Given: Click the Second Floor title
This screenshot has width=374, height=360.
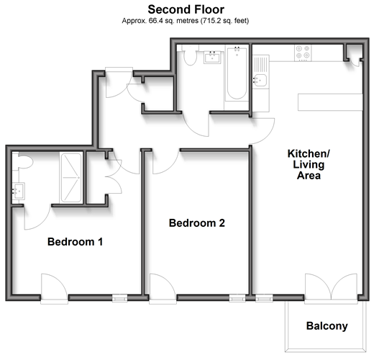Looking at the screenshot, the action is coord(186,9).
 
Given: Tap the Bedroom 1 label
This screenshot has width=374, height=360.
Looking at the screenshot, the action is coord(76,242).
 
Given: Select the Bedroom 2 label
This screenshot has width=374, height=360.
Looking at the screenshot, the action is coord(197,223).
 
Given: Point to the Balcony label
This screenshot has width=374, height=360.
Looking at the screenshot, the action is coord(327,326).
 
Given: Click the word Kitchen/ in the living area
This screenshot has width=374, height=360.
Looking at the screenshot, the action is coord(309,153).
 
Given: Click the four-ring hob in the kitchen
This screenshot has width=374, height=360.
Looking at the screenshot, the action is coord(303,53).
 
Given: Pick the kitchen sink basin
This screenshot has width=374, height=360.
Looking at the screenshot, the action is coord(260,80).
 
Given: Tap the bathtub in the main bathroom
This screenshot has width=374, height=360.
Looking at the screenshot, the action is coord(237,73).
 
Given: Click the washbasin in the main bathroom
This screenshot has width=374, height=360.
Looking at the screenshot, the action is coord(212,58).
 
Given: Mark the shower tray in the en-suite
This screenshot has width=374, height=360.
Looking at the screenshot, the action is coord(71,177).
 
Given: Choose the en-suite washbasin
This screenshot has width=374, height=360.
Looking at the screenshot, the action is coord(19,191).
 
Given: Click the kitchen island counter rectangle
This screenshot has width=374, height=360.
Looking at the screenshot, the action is coord(330,102).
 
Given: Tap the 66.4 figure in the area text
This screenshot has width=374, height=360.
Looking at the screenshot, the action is coord(155,21).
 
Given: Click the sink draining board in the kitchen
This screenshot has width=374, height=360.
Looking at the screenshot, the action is coord(260,64).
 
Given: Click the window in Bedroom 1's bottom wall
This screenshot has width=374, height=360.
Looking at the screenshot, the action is coord(120,299).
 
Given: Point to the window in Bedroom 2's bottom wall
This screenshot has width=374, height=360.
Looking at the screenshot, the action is coord(237,299).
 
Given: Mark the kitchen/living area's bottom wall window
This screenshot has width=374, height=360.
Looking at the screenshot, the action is coord(264,299).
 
